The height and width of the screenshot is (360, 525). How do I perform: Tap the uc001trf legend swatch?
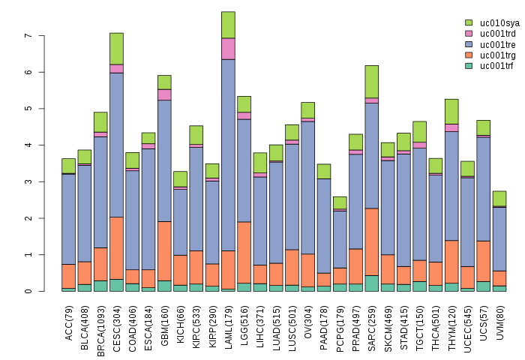(x=469, y=66)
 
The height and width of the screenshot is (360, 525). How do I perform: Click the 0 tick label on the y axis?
(x=28, y=292)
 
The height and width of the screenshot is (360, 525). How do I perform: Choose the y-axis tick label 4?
(x=28, y=145)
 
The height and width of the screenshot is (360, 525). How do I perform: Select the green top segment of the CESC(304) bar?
(x=116, y=49)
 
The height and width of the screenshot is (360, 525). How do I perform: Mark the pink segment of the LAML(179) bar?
(x=228, y=49)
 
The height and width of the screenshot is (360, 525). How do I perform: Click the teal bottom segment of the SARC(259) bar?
(x=371, y=283)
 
